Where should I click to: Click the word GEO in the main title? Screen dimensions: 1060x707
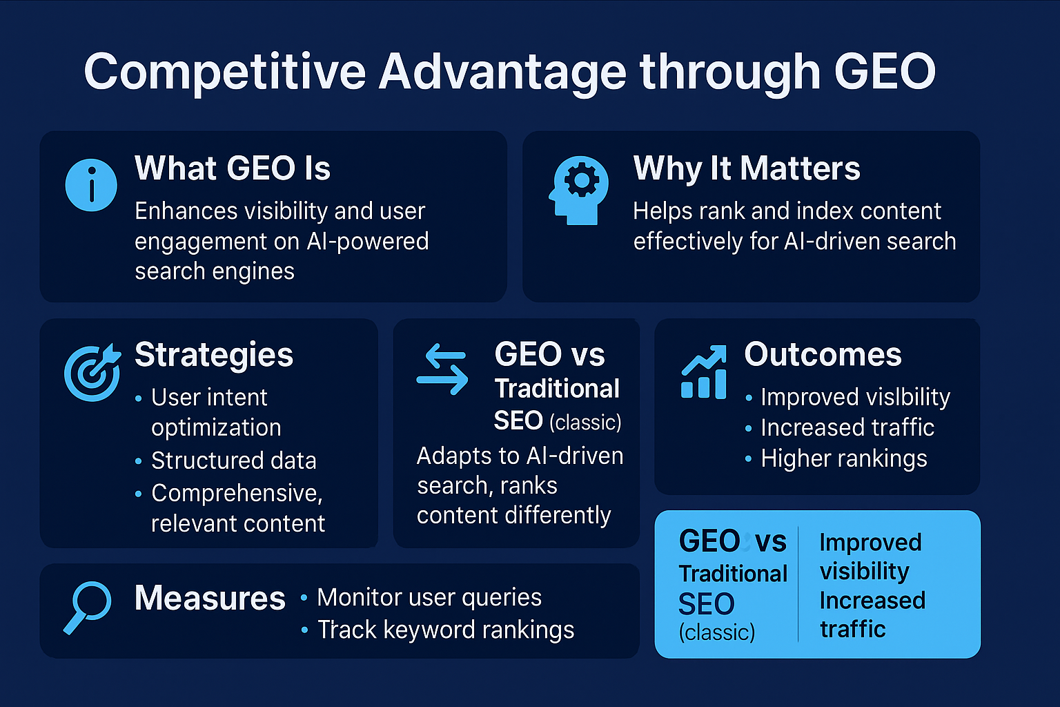(x=885, y=72)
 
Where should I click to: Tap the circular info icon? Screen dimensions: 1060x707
(x=91, y=184)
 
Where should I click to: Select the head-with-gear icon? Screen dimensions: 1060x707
(x=579, y=190)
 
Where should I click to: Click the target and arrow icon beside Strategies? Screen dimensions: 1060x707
(x=92, y=372)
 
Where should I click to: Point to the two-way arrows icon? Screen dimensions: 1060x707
(x=442, y=369)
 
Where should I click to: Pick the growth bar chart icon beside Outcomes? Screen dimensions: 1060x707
(x=704, y=372)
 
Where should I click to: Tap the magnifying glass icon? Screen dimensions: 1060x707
(x=88, y=608)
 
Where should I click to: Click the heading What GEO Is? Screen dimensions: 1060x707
(x=233, y=168)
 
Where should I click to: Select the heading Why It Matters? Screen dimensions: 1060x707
(x=747, y=168)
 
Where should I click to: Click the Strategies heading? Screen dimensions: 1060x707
(x=214, y=355)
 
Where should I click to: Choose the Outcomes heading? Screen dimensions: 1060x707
(x=823, y=354)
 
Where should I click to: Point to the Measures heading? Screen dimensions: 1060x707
(x=210, y=598)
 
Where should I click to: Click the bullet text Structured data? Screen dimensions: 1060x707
(x=234, y=461)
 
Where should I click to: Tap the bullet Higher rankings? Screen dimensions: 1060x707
(x=844, y=458)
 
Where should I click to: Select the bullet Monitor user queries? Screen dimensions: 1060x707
(x=429, y=598)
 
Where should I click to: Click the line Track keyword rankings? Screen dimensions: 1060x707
(x=446, y=630)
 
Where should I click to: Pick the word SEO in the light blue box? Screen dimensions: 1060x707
(x=706, y=603)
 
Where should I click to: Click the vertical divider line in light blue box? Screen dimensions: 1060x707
(x=798, y=584)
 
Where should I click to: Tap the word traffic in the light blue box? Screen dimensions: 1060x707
(x=853, y=630)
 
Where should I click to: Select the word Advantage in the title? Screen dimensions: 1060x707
(x=502, y=72)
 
